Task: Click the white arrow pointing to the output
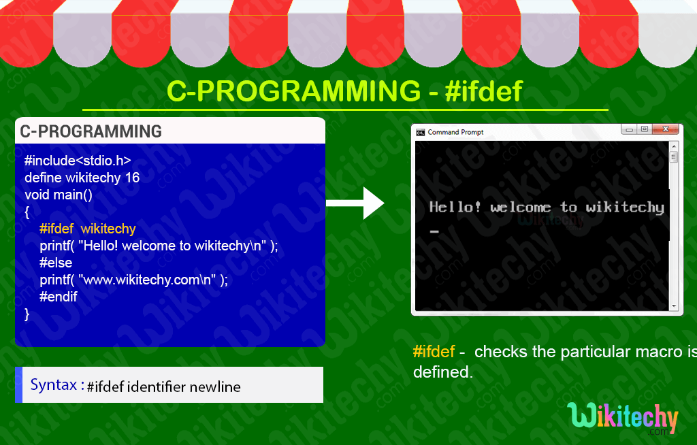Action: point(357,202)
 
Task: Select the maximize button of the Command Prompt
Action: point(644,129)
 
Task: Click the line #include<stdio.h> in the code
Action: point(77,161)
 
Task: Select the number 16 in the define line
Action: point(132,178)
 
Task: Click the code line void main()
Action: point(58,195)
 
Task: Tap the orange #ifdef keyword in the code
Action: point(56,229)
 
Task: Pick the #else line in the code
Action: point(56,263)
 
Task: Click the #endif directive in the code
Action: point(59,297)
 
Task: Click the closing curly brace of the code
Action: point(27,314)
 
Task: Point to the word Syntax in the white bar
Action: point(53,384)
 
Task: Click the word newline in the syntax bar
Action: point(215,387)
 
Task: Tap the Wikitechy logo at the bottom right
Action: point(622,418)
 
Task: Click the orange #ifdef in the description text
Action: point(434,352)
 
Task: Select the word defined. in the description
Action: point(442,372)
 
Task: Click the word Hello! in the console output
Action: point(455,207)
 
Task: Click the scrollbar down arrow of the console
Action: point(674,306)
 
